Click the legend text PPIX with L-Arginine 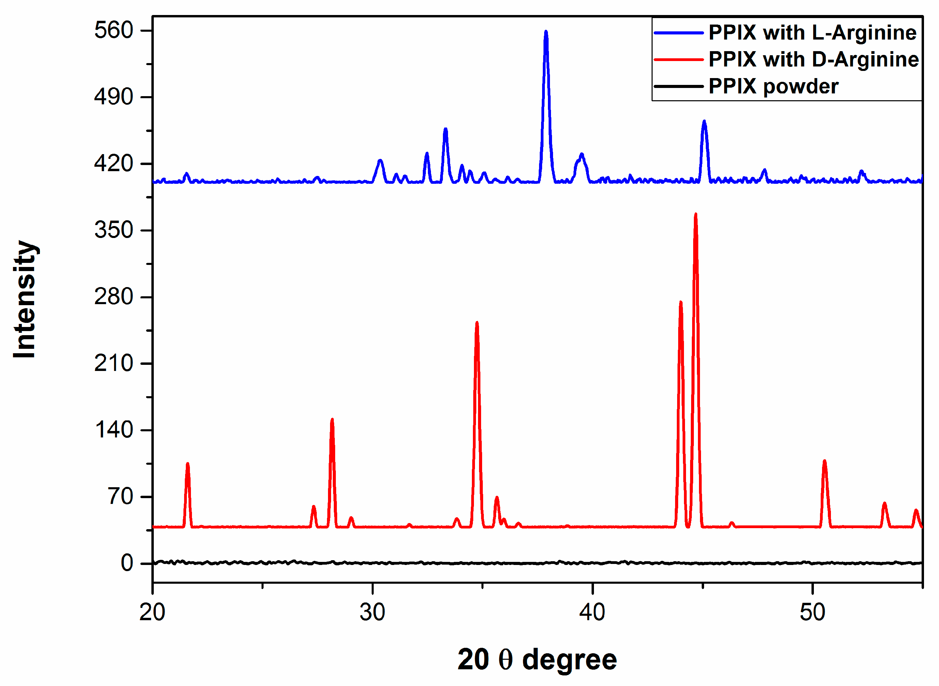pyautogui.click(x=812, y=33)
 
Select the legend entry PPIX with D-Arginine pyautogui.click(x=814, y=59)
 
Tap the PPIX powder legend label pyautogui.click(x=773, y=86)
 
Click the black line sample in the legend pyautogui.click(x=678, y=86)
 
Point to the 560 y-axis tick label pyautogui.click(x=114, y=30)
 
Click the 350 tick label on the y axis pyautogui.click(x=114, y=230)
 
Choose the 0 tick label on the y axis pyautogui.click(x=127, y=563)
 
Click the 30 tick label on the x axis pyautogui.click(x=372, y=612)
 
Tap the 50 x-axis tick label pyautogui.click(x=812, y=612)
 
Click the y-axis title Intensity pyautogui.click(x=25, y=299)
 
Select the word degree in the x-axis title pyautogui.click(x=569, y=660)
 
